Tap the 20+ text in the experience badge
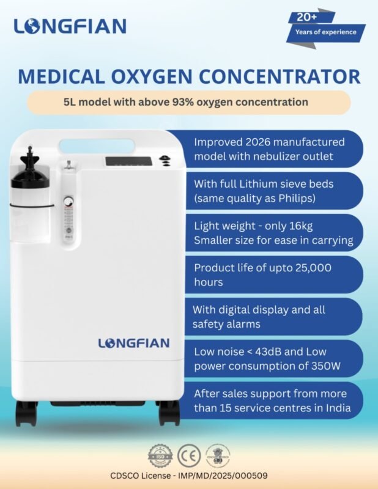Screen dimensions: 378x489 point(307,17)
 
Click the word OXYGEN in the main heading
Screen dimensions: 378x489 point(152,76)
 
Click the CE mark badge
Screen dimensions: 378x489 point(189,456)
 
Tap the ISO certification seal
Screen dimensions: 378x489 point(160,456)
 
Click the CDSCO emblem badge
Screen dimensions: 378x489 point(218,455)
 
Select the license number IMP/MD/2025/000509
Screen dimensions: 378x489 point(223,476)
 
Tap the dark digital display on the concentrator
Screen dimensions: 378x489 point(128,161)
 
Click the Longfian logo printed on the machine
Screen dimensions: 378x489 point(134,343)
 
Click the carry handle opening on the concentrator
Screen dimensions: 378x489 point(97,146)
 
